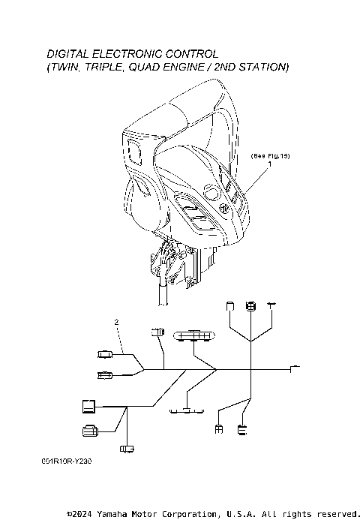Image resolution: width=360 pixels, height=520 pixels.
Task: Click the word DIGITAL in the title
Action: [x=67, y=54]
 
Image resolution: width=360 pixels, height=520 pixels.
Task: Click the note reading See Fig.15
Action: [x=270, y=156]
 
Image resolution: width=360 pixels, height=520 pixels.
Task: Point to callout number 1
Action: [x=270, y=164]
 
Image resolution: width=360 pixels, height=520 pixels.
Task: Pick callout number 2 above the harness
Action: [x=116, y=322]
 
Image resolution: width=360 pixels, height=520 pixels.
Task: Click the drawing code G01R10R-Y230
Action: [x=67, y=461]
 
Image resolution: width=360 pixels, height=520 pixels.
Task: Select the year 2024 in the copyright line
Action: [x=82, y=514]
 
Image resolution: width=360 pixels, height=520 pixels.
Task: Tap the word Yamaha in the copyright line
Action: [x=112, y=514]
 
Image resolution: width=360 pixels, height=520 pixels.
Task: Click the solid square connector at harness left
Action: [x=88, y=407]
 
